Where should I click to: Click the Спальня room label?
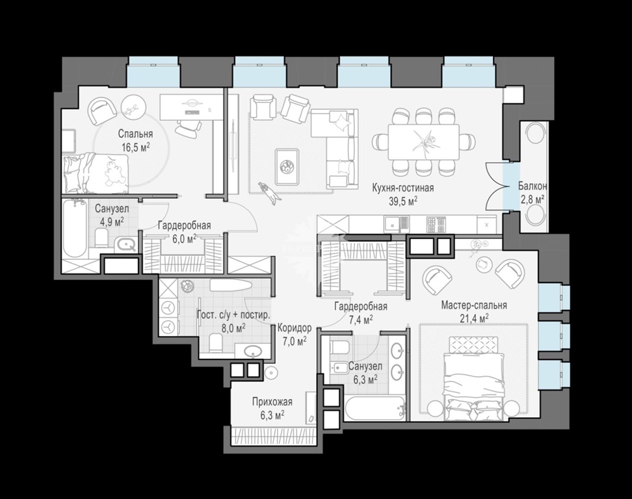tap(135, 134)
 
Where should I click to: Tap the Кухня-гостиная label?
tap(402, 188)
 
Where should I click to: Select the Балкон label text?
tap(533, 186)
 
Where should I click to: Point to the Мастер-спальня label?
tap(474, 305)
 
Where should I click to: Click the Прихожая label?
tap(272, 402)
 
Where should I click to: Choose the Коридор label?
tap(295, 328)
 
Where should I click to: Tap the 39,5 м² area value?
tap(402, 201)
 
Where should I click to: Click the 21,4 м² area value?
tap(475, 318)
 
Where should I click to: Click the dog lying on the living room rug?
tap(268, 192)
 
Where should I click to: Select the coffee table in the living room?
tap(287, 166)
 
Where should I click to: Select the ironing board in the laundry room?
tap(231, 285)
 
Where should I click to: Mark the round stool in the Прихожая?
tap(270, 372)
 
